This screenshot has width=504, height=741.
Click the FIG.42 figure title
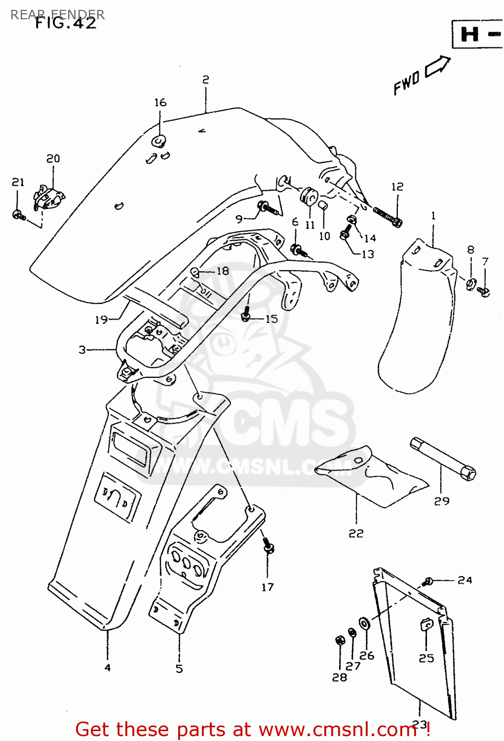(x=66, y=23)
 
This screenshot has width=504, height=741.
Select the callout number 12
(x=397, y=187)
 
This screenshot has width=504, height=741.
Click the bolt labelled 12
(x=388, y=216)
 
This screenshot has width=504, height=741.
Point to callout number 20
(x=53, y=159)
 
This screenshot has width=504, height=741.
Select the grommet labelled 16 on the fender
(x=159, y=141)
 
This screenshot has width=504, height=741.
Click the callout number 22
(x=356, y=533)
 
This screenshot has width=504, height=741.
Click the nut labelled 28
(x=340, y=640)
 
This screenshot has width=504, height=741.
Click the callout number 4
(x=108, y=668)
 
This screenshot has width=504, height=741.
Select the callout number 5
(x=179, y=668)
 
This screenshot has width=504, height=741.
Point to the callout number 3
(x=82, y=350)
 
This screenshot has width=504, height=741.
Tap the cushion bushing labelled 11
(x=309, y=196)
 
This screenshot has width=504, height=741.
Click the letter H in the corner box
(x=469, y=35)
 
